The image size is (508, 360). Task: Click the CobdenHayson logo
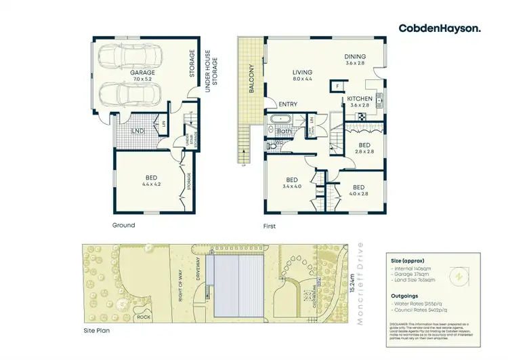[440, 28]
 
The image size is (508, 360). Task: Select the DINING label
[354, 57]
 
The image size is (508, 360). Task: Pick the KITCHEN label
[359, 98]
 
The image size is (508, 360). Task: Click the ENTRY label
[288, 104]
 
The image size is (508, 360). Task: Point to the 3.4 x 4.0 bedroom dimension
[293, 186]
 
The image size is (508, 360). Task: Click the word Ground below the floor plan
[123, 225]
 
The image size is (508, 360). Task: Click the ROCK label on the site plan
[144, 317]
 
